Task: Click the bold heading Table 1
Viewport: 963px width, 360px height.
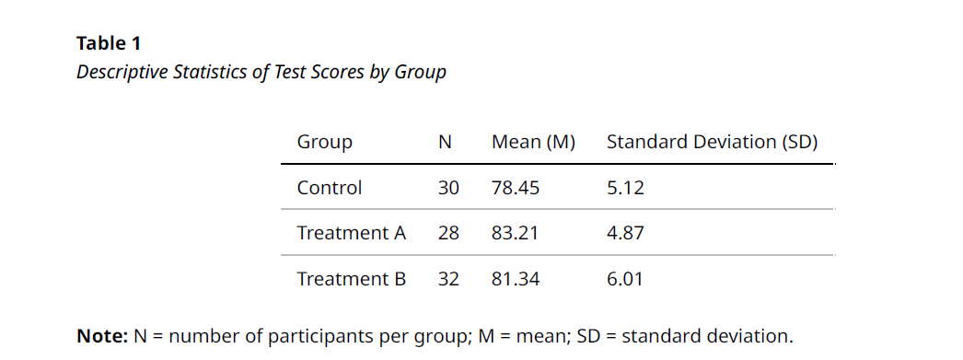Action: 109,43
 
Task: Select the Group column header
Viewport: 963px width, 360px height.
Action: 324,142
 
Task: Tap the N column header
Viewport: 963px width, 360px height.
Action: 445,142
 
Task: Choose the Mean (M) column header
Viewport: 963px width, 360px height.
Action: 533,142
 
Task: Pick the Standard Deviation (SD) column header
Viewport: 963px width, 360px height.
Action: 712,142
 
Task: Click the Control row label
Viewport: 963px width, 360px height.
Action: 330,188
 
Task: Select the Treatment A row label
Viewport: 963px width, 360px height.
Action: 351,233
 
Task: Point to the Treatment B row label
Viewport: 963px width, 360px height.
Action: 351,278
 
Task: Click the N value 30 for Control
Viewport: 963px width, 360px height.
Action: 448,188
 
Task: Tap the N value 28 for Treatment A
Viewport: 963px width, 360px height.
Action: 448,233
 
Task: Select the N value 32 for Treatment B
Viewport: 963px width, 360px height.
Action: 448,278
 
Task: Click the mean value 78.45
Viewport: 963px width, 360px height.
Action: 516,188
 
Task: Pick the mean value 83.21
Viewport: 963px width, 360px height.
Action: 516,233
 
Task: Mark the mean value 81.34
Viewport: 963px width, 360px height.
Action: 516,278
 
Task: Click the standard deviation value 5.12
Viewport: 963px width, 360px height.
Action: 625,188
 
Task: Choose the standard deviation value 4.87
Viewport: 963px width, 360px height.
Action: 625,233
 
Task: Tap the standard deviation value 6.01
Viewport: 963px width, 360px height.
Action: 625,278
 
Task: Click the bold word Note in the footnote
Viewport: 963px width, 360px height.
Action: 101,336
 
